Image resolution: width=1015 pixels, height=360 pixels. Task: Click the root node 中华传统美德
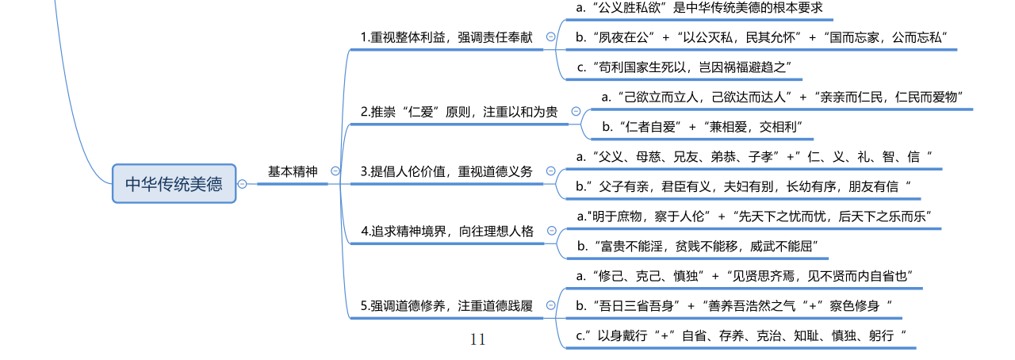click(x=174, y=184)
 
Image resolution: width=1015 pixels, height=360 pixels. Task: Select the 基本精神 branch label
click(x=292, y=171)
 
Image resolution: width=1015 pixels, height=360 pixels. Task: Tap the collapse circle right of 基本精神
click(x=335, y=171)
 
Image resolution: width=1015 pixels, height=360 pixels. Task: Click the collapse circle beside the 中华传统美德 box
click(x=242, y=184)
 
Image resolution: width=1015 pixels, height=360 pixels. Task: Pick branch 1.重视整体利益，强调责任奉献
click(x=446, y=37)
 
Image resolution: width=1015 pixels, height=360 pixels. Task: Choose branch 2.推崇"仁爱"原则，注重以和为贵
click(x=458, y=112)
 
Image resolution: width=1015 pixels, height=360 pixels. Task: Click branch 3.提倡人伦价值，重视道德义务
click(x=446, y=171)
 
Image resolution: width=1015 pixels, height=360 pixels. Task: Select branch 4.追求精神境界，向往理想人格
click(x=447, y=231)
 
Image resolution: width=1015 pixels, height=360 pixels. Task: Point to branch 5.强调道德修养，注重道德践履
click(x=446, y=305)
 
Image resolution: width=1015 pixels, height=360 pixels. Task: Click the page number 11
click(x=477, y=339)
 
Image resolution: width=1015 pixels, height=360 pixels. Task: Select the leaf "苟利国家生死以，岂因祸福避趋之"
click(x=684, y=67)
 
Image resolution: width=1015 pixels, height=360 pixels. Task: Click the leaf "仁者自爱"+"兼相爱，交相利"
click(x=703, y=127)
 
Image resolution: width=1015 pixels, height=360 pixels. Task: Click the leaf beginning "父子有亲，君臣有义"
click(x=744, y=186)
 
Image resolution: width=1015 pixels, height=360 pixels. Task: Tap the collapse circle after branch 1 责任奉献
click(x=551, y=37)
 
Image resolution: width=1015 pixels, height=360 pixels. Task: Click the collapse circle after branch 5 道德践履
click(x=551, y=305)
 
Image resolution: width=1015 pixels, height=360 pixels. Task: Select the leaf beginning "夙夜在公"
click(x=762, y=37)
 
